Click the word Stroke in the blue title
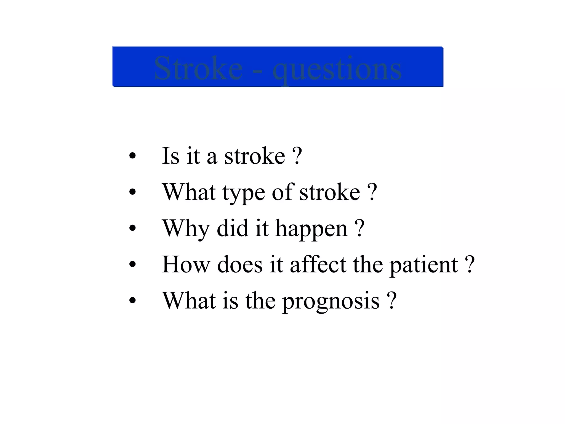[198, 68]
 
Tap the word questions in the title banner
[337, 69]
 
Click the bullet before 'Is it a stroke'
[132, 156]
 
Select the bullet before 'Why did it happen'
[132, 229]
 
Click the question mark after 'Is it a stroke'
[297, 156]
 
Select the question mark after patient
[470, 264]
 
